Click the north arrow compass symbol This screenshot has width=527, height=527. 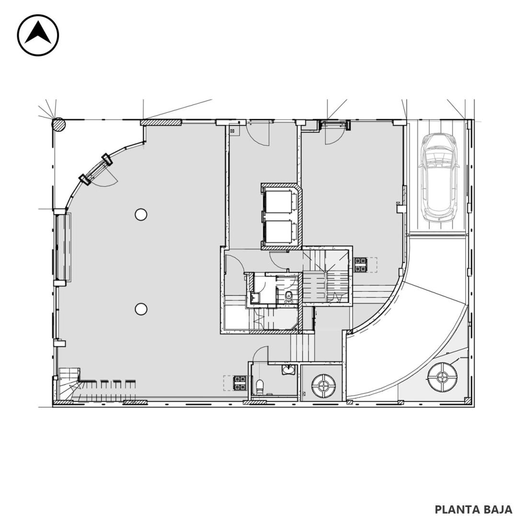tap(38, 35)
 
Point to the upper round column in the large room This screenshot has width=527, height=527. tap(141, 214)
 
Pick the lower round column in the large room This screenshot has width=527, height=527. tap(141, 309)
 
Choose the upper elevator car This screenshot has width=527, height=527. tap(279, 202)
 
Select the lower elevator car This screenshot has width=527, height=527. tap(279, 232)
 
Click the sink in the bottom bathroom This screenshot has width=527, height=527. tap(288, 369)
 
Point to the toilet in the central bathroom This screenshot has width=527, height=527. tap(289, 296)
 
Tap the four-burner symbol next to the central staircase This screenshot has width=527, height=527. tap(361, 265)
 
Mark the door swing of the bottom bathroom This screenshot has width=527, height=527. tap(261, 354)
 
